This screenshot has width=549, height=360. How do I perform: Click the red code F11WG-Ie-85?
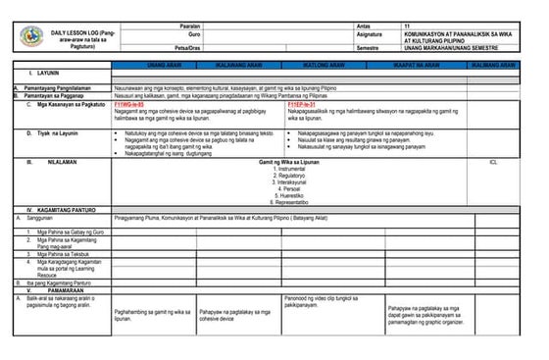(130, 103)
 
